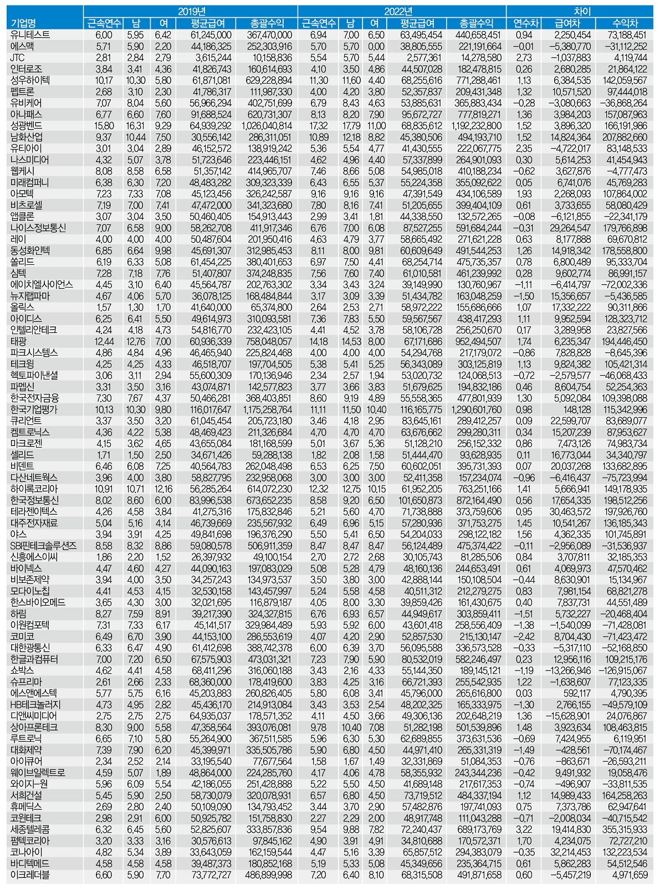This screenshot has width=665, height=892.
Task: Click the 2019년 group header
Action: pos(190,11)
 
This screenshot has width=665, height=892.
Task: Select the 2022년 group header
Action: pos(401,11)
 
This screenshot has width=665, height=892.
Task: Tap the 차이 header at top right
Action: pos(580,11)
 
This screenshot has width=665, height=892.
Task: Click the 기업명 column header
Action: pos(23,23)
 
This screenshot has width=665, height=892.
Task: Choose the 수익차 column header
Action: pos(625,23)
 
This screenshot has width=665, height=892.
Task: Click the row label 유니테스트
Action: pos(30,34)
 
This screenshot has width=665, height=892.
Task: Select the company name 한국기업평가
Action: pos(34,409)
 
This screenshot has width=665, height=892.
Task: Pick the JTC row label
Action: pos(18,57)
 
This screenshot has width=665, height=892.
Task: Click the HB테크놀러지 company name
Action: pos(35,705)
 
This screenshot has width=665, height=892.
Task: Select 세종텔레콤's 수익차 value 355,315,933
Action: pos(623,830)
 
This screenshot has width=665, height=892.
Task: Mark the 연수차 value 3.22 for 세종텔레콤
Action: pos(524,830)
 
